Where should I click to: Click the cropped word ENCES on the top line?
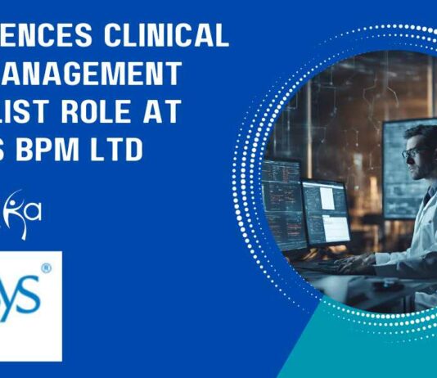point(48,36)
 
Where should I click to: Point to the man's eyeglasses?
point(412,153)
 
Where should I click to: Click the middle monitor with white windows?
point(326,213)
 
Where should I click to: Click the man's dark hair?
point(421,136)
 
